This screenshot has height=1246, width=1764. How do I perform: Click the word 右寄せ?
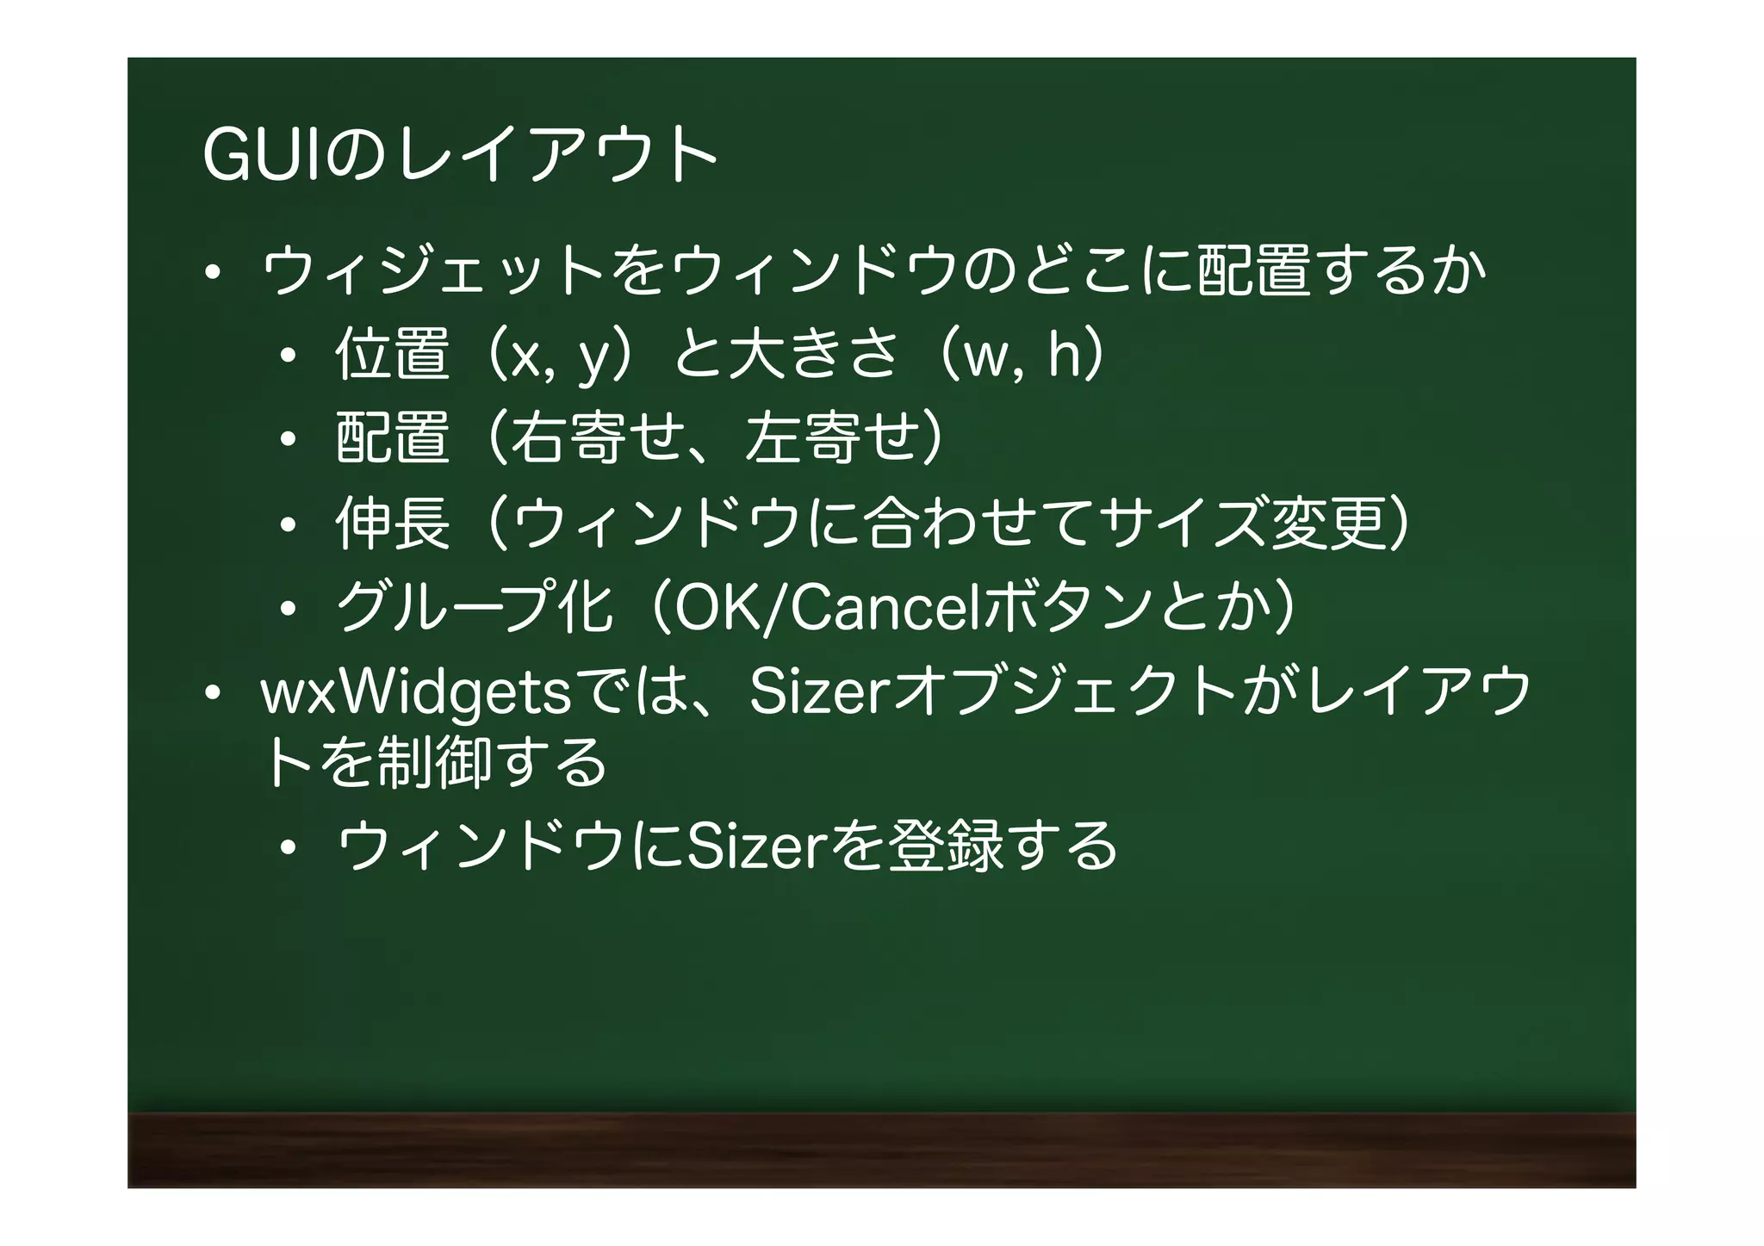pyautogui.click(x=598, y=438)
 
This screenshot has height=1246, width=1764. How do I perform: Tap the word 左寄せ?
pyautogui.click(x=832, y=438)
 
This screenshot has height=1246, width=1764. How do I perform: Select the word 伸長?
pyautogui.click(x=393, y=523)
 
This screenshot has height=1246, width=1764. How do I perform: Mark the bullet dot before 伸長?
pyautogui.click(x=288, y=524)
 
